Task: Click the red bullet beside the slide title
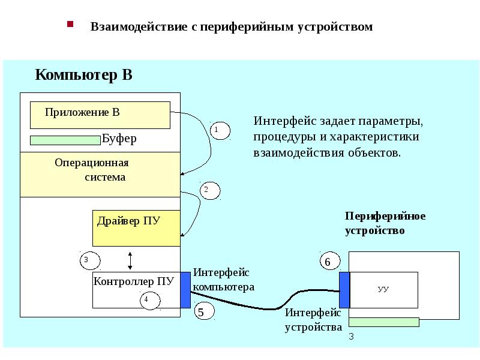click(x=70, y=25)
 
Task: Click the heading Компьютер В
click(x=83, y=75)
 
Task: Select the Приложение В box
click(x=100, y=115)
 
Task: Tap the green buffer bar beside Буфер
click(x=65, y=140)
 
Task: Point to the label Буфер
click(x=119, y=139)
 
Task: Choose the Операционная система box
click(x=100, y=175)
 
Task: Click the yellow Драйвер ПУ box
click(x=136, y=228)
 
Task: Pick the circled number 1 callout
click(x=220, y=130)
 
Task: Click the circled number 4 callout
click(x=149, y=300)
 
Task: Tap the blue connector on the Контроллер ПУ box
click(x=185, y=290)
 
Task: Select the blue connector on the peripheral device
click(x=344, y=290)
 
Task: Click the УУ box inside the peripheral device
click(x=384, y=290)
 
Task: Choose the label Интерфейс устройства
click(x=313, y=320)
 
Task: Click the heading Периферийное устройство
click(x=385, y=223)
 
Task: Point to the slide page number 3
click(x=352, y=338)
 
